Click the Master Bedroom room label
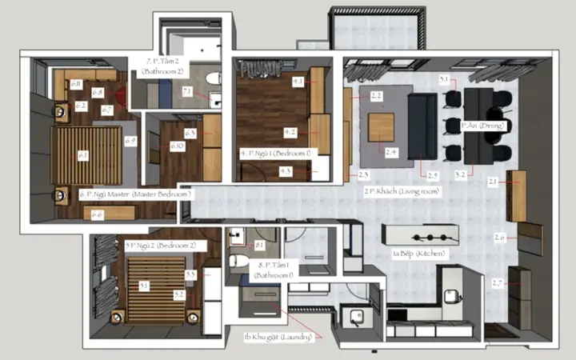(136, 194)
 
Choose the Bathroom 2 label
(166, 66)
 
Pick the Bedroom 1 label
(276, 152)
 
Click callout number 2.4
(391, 151)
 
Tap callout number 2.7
(497, 284)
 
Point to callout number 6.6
(97, 214)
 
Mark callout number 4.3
(286, 171)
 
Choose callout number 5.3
(190, 274)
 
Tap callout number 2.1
(493, 182)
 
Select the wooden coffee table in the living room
(382, 126)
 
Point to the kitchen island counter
(422, 235)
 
